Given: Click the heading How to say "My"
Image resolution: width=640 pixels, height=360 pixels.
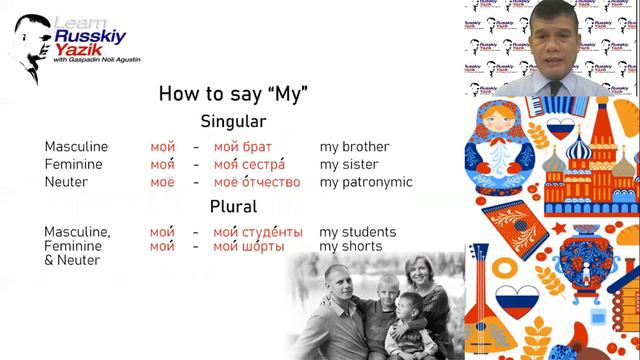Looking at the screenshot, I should (x=233, y=94).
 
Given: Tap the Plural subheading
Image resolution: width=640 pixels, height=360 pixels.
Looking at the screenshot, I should (x=233, y=207).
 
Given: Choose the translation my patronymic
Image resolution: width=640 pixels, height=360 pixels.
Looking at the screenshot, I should (x=366, y=183).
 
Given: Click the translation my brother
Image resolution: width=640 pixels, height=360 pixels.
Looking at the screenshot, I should (x=354, y=147).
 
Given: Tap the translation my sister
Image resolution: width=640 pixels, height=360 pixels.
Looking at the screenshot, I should (x=349, y=165).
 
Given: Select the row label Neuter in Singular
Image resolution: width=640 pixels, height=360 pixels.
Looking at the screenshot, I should (x=66, y=183).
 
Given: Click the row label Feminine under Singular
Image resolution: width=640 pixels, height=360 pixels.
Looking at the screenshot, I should (x=73, y=165).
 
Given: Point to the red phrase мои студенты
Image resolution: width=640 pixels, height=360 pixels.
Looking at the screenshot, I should (x=262, y=232).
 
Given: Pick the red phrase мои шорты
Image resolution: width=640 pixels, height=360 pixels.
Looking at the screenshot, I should (x=249, y=246).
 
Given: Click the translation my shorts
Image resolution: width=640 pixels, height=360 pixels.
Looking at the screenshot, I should (x=350, y=246).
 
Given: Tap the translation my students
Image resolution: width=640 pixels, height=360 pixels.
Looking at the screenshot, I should (x=358, y=232).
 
